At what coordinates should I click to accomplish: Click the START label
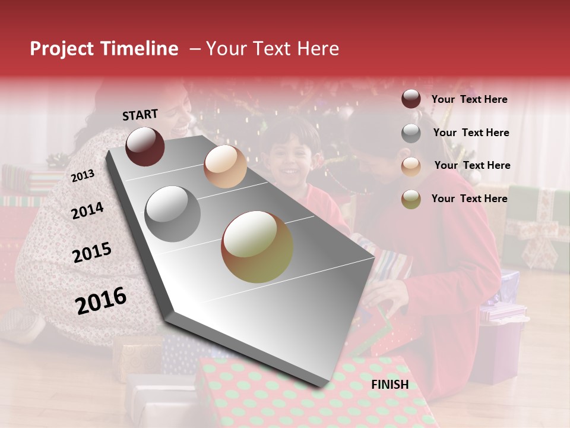tap(140, 115)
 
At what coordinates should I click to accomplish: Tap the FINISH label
tap(389, 385)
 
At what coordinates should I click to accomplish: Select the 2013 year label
tap(83, 176)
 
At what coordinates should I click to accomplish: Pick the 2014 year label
tap(87, 211)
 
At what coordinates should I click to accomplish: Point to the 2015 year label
tap(92, 253)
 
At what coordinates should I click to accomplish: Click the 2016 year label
tap(101, 300)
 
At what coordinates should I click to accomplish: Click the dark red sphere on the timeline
tap(145, 146)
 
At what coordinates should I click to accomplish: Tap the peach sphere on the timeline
tap(225, 166)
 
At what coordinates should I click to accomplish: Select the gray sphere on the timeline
tap(173, 213)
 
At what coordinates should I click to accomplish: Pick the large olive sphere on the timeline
tap(257, 247)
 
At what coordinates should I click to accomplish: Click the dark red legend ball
tap(411, 99)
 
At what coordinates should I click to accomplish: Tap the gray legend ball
tap(411, 133)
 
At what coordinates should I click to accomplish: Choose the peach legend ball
tap(411, 166)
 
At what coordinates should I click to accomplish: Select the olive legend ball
tap(411, 199)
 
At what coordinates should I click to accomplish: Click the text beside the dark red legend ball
tap(469, 99)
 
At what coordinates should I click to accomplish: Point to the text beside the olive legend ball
tap(469, 199)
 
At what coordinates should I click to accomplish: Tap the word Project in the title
tap(62, 49)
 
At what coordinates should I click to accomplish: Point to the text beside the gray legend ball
tap(471, 133)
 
